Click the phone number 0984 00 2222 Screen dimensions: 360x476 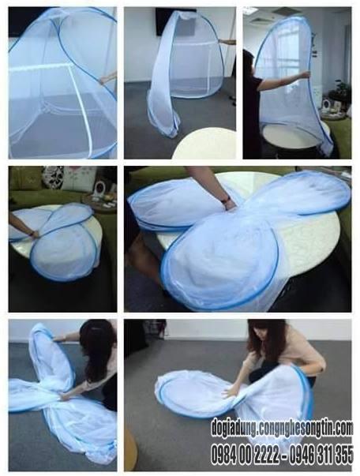coord(246,455)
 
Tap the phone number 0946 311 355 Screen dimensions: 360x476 coord(321,455)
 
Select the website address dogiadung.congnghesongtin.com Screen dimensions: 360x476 coord(282,428)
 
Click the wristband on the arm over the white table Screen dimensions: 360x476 coord(226,200)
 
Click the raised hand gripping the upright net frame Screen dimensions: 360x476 coord(305,73)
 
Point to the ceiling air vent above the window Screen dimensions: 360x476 coord(283,11)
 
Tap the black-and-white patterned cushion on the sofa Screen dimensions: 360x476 coord(53,178)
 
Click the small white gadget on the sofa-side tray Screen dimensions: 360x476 coord(99,189)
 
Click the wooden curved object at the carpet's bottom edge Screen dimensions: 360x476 coord(130,448)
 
